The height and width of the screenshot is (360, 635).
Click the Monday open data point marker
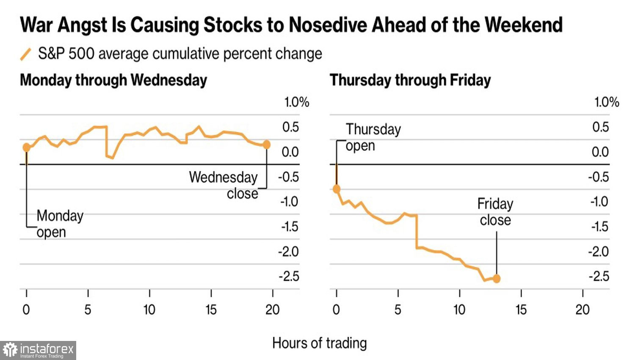click(27, 147)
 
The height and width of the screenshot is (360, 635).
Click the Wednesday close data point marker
click(266, 144)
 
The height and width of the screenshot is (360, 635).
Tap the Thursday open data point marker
click(337, 189)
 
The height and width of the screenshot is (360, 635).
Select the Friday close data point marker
click(497, 279)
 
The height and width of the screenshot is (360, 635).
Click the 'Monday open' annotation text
click(60, 224)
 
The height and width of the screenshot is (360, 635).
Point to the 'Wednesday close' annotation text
click(224, 185)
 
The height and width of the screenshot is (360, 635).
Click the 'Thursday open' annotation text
click(373, 137)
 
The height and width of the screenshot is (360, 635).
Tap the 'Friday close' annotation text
click(495, 212)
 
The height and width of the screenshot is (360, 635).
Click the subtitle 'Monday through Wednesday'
click(113, 80)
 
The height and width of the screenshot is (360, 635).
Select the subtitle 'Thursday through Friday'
click(410, 80)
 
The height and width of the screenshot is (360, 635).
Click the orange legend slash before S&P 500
click(26, 54)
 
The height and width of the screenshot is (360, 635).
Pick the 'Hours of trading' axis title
click(320, 343)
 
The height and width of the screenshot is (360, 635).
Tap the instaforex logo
click(38, 350)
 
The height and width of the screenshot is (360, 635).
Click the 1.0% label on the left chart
click(296, 102)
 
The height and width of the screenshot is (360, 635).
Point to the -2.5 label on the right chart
click(599, 277)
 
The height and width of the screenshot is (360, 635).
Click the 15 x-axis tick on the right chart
click(521, 310)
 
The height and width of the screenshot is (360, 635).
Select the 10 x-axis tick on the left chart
click(149, 310)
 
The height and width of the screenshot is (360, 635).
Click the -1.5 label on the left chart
click(290, 227)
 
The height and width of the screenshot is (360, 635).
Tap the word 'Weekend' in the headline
click(524, 25)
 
